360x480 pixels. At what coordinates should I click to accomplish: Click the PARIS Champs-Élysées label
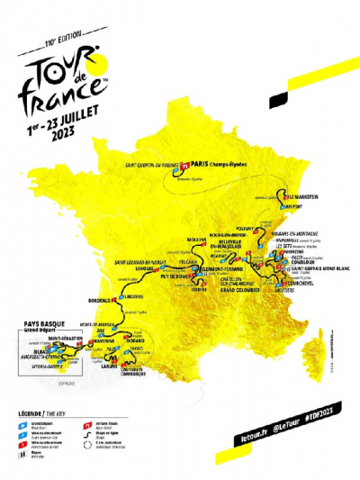pyautogui.click(x=219, y=165)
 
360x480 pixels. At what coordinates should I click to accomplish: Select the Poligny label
pyautogui.click(x=247, y=230)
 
